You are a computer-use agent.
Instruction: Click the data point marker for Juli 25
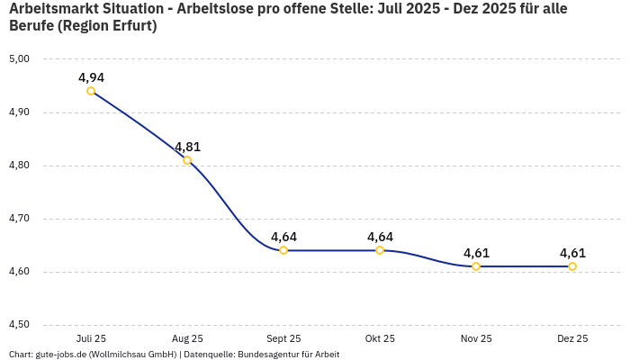[x=91, y=91]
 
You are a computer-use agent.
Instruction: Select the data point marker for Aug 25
[x=187, y=160]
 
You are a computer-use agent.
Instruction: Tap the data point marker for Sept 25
[x=283, y=250]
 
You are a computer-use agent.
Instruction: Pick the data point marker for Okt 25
[x=380, y=250]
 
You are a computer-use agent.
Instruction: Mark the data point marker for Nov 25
[x=476, y=266]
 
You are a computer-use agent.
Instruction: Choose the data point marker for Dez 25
[x=572, y=266]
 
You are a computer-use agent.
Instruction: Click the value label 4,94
[x=91, y=77]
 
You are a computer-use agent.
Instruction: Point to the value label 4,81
[x=187, y=147]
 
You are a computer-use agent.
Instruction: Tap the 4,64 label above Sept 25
[x=283, y=237]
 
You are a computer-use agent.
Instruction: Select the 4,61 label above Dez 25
[x=572, y=253]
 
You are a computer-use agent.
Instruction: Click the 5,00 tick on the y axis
[x=19, y=59]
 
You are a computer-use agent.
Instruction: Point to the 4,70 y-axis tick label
[x=19, y=219]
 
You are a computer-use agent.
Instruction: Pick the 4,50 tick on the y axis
[x=19, y=325]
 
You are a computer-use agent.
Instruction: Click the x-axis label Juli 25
[x=91, y=338]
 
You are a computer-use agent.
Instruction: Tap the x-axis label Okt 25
[x=380, y=338]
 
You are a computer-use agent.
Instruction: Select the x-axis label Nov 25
[x=476, y=338]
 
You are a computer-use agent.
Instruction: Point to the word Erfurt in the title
[x=129, y=26]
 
